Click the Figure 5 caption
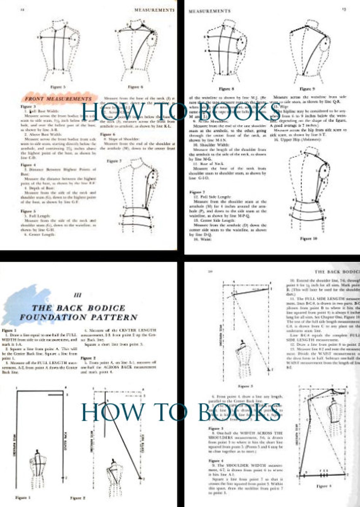click(58, 87)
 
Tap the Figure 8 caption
click(226, 89)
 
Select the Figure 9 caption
click(307, 89)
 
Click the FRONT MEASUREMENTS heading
click(58, 99)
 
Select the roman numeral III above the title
click(77, 295)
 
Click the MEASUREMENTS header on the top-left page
click(154, 10)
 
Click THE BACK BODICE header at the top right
click(337, 272)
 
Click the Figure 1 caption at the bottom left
click(23, 498)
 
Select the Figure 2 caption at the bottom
click(78, 498)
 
